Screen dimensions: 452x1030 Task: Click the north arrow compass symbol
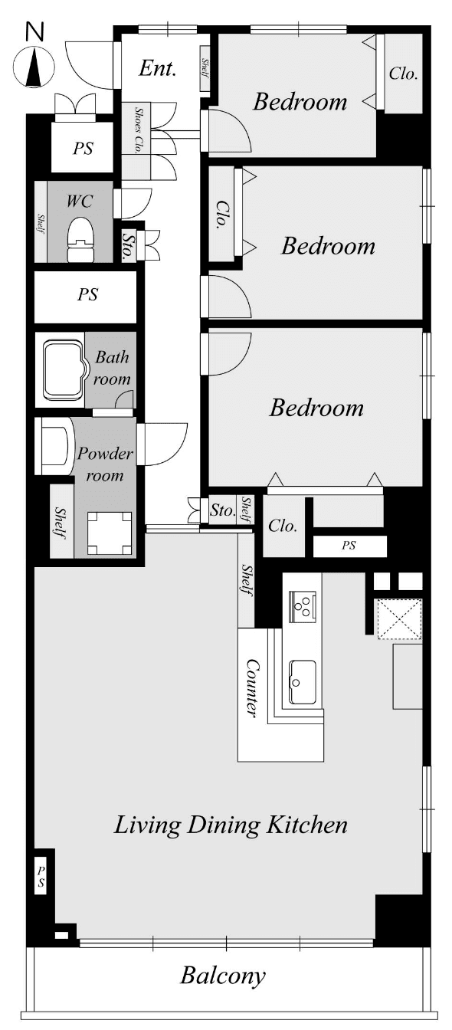coord(34,67)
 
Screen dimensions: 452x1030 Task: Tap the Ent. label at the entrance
coord(157,68)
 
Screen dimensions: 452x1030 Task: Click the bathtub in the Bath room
coord(64,369)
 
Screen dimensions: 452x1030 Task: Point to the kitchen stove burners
coord(302,607)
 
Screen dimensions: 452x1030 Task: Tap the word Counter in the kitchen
coord(252,688)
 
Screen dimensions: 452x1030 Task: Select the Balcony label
coord(222,976)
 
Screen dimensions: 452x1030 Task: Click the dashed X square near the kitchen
coord(399,618)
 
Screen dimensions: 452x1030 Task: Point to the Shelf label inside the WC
coord(41,224)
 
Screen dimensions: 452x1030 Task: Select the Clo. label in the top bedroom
coord(403,74)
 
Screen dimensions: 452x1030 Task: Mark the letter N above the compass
coord(34,33)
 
